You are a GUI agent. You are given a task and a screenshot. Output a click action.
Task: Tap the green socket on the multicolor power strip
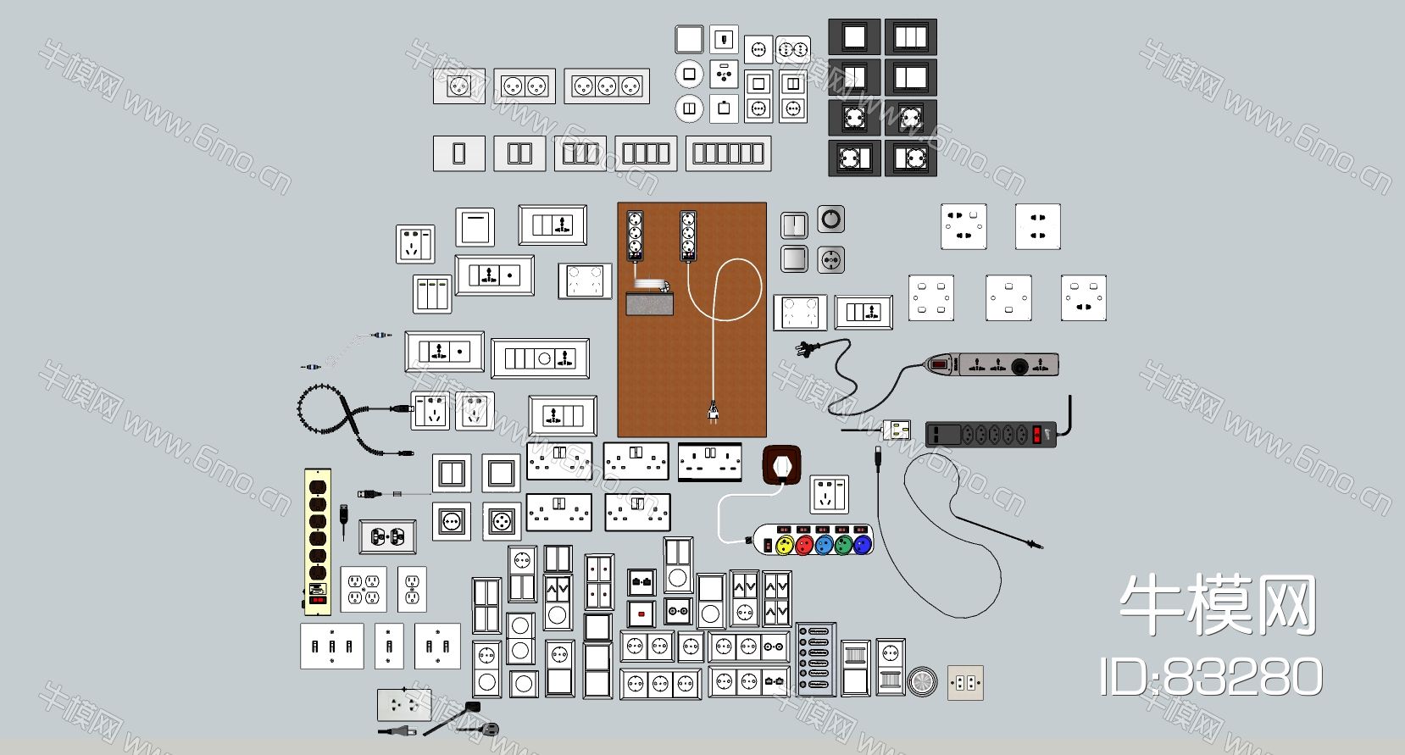pos(842,544)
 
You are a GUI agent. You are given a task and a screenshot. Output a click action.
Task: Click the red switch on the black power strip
pos(1036,435)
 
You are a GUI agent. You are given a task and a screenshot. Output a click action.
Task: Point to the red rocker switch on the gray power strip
pos(939,365)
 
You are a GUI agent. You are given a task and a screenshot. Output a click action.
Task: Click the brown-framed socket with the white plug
pos(781,466)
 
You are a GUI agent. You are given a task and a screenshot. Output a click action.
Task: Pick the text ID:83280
pos(1211,677)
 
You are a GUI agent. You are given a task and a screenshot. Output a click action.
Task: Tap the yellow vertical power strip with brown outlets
pos(317,541)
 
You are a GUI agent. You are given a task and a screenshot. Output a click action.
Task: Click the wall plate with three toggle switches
pos(332,646)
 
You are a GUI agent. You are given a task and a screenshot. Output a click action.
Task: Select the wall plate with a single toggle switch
pos(389,646)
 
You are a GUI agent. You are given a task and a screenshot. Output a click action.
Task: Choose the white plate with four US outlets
pos(364,589)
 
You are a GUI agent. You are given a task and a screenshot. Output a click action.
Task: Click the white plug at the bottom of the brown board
pos(713,412)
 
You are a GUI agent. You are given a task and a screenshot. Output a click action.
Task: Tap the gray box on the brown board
pos(649,303)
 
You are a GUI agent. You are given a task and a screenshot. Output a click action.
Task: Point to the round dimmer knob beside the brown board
pos(831,219)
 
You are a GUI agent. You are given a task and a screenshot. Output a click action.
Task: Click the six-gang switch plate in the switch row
pos(728,153)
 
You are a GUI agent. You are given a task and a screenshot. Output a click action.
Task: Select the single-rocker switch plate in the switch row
pos(458,153)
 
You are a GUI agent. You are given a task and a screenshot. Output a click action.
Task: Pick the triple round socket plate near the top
pos(607,86)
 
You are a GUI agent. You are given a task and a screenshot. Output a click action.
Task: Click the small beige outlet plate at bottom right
pos(965,683)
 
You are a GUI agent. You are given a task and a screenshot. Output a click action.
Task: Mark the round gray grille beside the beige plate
pos(922,682)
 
